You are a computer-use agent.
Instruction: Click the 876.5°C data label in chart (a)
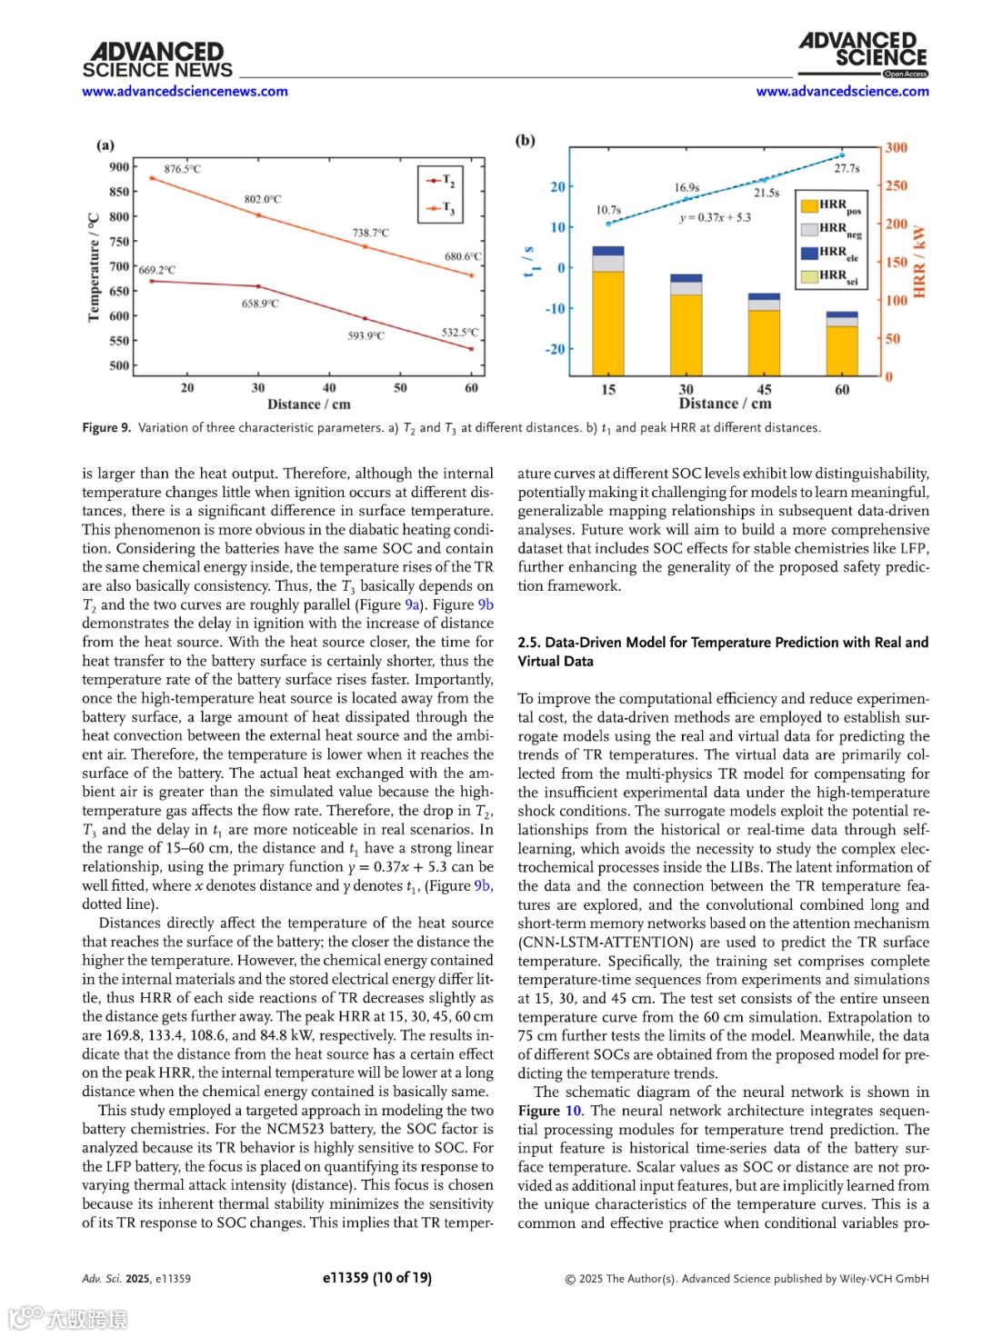pos(182,169)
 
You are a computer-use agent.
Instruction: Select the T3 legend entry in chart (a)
pos(440,209)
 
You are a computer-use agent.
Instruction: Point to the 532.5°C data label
pos(459,333)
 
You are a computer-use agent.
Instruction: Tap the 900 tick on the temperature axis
pos(119,167)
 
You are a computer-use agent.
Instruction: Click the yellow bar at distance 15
pos(608,323)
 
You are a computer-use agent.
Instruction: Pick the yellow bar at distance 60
pos(842,350)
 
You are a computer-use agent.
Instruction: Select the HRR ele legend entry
pos(829,253)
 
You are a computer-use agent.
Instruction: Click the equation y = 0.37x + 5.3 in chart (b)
pos(715,217)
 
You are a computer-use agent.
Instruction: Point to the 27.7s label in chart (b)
pos(847,168)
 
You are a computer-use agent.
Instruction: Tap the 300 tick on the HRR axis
pos(897,147)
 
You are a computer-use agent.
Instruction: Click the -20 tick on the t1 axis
pos(555,349)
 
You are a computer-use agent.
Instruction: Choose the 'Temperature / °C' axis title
pos(94,267)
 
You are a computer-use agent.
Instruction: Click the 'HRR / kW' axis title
pos(919,262)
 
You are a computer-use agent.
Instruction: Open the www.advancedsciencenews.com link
pos(185,91)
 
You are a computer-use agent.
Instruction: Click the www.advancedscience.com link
pos(842,91)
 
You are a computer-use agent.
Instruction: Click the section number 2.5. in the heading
pos(529,643)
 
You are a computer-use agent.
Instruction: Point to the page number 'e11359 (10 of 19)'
pos(376,1277)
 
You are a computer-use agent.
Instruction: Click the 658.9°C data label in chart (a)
pos(260,304)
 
